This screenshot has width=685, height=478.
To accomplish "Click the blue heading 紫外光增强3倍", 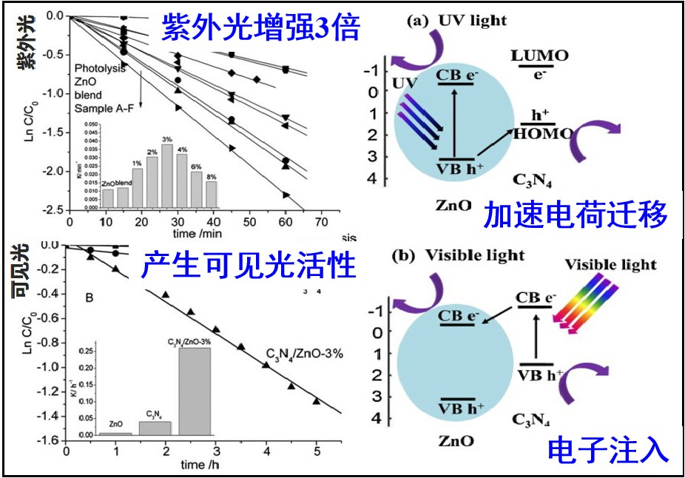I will [260, 28].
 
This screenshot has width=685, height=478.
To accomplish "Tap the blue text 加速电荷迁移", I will [576, 215].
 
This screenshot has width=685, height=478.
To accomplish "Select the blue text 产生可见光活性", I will [248, 264].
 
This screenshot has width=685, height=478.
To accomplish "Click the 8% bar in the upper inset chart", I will [212, 192].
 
